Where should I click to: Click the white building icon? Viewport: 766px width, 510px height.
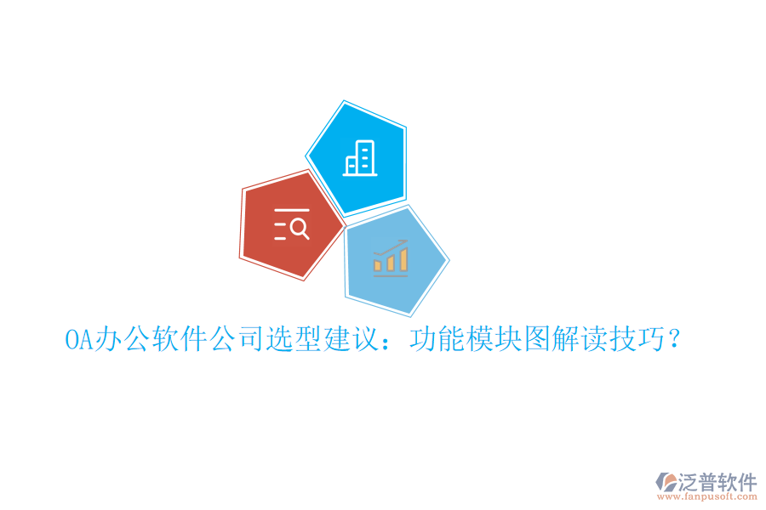pos(358,158)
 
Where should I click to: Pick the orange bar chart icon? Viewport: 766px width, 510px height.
pos(391,258)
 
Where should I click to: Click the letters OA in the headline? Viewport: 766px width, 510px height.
pos(78,341)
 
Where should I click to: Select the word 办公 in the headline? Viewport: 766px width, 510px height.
pos(121,341)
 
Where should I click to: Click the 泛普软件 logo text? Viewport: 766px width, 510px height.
pos(717,482)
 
